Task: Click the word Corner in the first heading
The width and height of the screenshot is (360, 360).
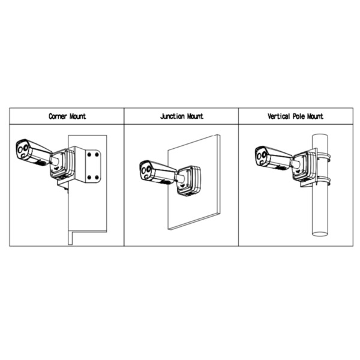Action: (x=58, y=116)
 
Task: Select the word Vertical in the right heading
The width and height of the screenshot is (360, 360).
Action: (x=280, y=116)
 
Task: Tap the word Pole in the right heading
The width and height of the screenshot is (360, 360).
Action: (x=302, y=116)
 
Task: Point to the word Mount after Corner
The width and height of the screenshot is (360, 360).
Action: (x=77, y=116)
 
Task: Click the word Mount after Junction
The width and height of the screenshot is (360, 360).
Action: (x=194, y=116)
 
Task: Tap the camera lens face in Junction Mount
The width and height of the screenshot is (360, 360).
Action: (x=146, y=172)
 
